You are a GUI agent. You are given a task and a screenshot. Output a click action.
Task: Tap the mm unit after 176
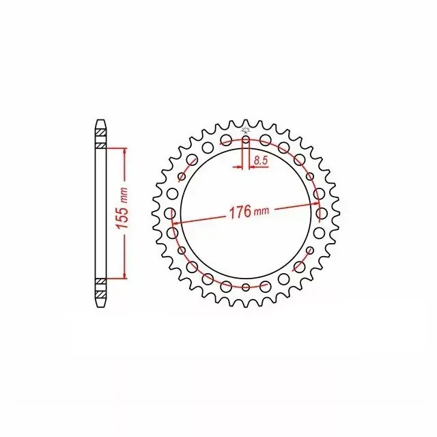click(262, 211)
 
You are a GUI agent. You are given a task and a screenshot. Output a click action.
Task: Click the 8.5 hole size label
click(261, 160)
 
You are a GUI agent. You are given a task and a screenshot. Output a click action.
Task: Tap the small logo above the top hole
click(246, 130)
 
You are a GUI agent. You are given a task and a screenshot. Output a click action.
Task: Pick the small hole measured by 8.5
click(246, 139)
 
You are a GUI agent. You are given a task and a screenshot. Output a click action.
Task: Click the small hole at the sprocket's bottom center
click(246, 287)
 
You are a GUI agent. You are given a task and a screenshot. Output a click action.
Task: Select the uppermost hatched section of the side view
click(101, 133)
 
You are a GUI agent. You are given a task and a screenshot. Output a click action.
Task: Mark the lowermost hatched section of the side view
click(101, 294)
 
